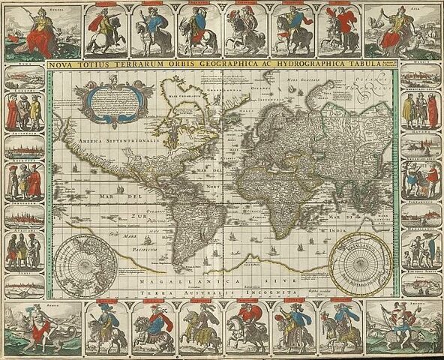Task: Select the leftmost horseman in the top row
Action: point(105,30)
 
